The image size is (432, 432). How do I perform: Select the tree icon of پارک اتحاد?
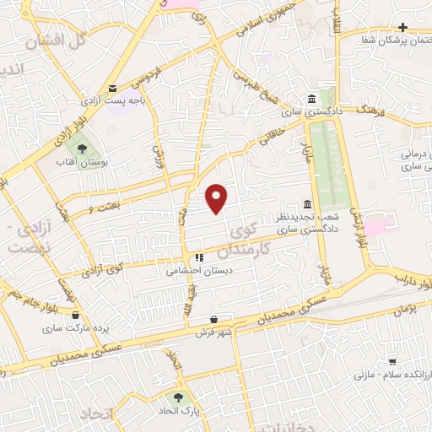pos(178,397)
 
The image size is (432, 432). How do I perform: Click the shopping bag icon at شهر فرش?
pos(216,320)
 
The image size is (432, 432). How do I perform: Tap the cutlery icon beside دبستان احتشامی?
pos(199,258)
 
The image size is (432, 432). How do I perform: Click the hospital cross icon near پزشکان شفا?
pos(402,28)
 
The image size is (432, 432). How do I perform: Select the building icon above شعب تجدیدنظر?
pos(306,205)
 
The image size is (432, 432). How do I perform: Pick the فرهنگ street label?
pos(369,110)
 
